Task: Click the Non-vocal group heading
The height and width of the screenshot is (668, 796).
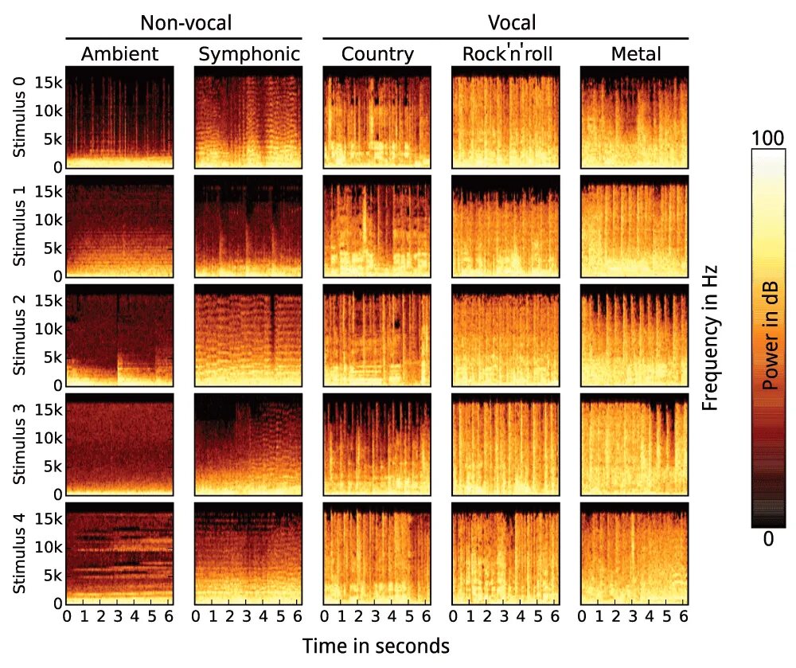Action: coord(185,22)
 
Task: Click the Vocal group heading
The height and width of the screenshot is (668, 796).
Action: coord(513,22)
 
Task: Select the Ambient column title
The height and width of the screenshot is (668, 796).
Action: coord(120,54)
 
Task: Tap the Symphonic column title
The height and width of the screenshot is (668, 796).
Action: coord(249,54)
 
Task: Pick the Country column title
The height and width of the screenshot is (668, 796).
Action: coord(377,54)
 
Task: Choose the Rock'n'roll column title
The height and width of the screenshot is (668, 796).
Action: coord(507,54)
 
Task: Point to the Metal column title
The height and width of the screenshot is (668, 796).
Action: coord(636,54)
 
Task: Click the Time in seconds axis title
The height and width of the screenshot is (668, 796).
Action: coord(376,645)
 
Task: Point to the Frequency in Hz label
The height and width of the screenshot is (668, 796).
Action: coord(710,334)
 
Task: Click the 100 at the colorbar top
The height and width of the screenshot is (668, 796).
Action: coord(768,139)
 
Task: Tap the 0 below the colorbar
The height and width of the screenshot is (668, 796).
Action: coord(768,539)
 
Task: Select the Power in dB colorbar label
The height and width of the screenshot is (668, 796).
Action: coord(770,334)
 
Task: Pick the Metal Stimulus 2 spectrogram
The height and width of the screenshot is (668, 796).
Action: coord(634,334)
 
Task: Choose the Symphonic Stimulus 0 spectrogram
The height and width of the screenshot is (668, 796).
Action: coord(248,116)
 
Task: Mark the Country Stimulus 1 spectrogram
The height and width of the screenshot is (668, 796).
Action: coord(377,225)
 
